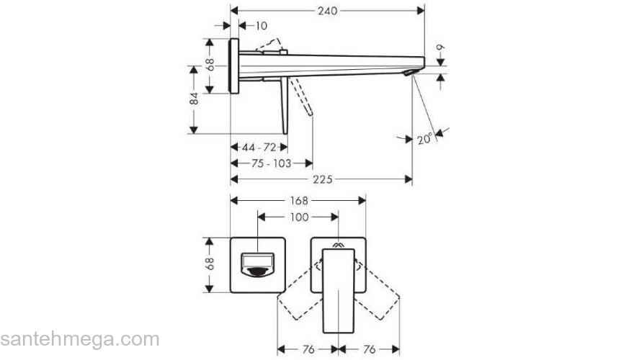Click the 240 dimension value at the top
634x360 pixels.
pyautogui.click(x=328, y=10)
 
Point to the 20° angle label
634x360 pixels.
pyautogui.click(x=425, y=139)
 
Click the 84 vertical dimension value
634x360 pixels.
pyautogui.click(x=194, y=99)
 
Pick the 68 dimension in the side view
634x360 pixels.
pyautogui.click(x=210, y=65)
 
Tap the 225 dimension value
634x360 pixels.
pyautogui.click(x=323, y=179)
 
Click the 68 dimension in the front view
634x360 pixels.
pyautogui.click(x=210, y=264)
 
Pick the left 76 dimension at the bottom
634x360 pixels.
pyautogui.click(x=308, y=350)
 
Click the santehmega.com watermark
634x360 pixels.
pyautogui.click(x=79, y=339)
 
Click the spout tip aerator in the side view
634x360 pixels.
pyautogui.click(x=410, y=73)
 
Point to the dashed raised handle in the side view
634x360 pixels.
pyautogui.click(x=272, y=46)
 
